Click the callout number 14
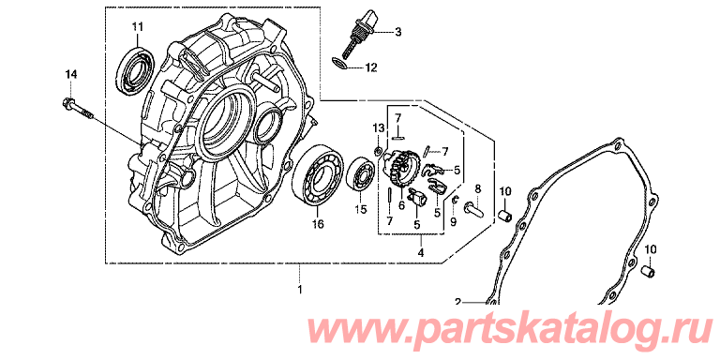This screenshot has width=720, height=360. click(x=71, y=74)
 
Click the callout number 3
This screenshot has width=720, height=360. click(x=398, y=32)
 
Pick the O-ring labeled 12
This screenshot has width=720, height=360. click(x=338, y=65)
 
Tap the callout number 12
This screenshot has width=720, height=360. click(x=370, y=68)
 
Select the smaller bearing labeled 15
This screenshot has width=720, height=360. click(x=363, y=174)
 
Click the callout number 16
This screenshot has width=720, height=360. click(x=318, y=224)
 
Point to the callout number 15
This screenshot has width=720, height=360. click(x=361, y=210)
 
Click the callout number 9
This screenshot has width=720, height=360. click(x=453, y=223)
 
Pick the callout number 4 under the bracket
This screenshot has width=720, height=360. click(x=421, y=252)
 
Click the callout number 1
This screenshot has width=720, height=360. click(x=300, y=290)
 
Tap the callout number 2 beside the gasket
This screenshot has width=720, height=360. click(x=457, y=302)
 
